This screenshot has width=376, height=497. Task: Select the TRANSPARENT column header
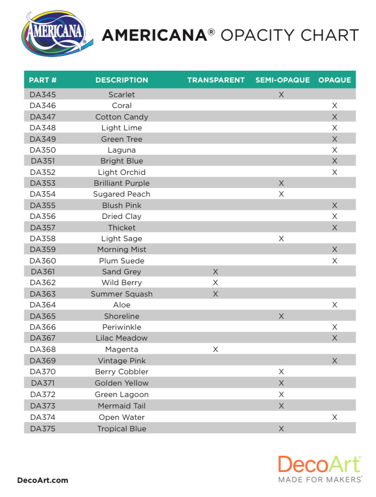216,80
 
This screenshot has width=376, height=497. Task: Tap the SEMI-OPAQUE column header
282,80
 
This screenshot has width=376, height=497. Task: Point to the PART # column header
43,80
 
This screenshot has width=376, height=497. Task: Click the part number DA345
43,95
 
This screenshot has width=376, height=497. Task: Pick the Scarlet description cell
122,95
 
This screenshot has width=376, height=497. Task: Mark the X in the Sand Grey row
215,272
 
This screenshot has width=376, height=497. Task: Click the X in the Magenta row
215,349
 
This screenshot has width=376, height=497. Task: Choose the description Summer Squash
122,294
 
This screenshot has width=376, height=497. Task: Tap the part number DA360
43,261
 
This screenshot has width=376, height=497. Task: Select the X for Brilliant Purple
281,183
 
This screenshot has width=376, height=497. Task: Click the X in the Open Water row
334,417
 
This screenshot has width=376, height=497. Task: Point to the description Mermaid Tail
122,406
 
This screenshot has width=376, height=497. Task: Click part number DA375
43,429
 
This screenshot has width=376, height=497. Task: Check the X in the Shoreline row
281,316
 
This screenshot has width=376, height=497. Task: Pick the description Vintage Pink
122,361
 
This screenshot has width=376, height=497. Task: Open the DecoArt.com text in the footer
43,480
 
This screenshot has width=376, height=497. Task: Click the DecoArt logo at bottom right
320,465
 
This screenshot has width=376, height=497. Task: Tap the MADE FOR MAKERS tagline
320,480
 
